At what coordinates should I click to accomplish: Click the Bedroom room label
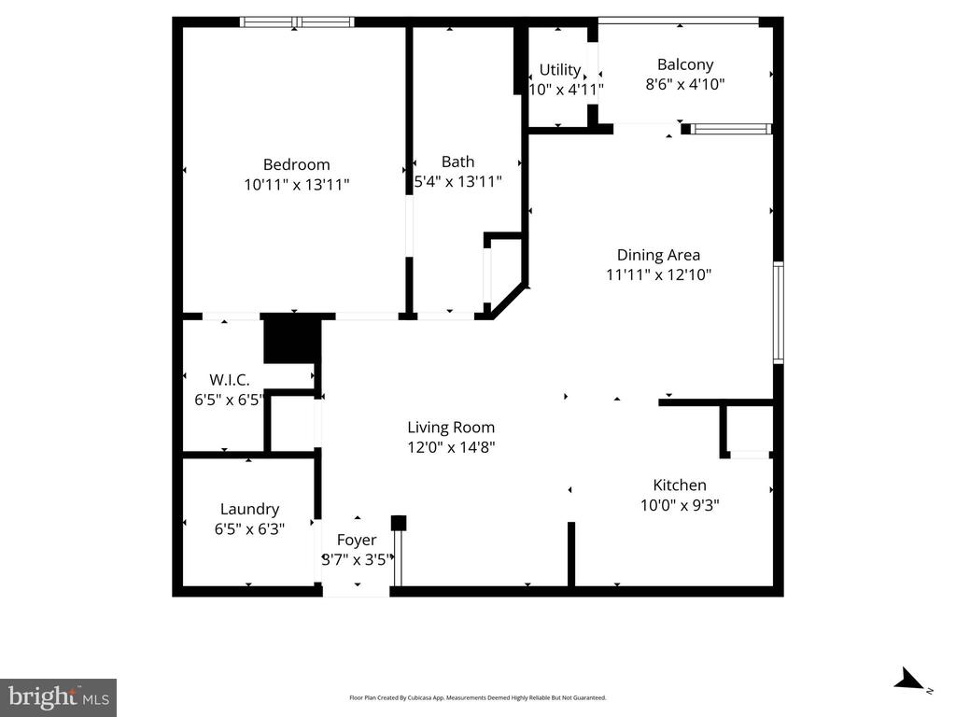pyautogui.click(x=296, y=164)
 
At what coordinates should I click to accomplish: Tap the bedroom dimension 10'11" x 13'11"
pyautogui.click(x=296, y=185)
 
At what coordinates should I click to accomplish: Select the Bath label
pyautogui.click(x=457, y=162)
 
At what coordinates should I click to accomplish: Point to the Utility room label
pyautogui.click(x=560, y=70)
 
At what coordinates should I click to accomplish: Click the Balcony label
pyautogui.click(x=684, y=64)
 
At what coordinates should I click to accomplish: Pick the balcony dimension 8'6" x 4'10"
pyautogui.click(x=684, y=84)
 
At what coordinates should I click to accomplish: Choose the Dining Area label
pyautogui.click(x=658, y=255)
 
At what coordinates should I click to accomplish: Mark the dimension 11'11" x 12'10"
pyautogui.click(x=658, y=274)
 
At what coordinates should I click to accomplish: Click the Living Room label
pyautogui.click(x=451, y=428)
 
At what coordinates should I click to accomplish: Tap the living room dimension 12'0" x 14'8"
pyautogui.click(x=451, y=447)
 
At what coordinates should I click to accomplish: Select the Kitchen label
pyautogui.click(x=679, y=485)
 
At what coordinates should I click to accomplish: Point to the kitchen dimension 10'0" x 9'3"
pyautogui.click(x=679, y=505)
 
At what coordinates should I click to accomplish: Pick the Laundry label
pyautogui.click(x=249, y=509)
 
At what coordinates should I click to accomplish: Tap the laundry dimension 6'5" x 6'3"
pyautogui.click(x=249, y=528)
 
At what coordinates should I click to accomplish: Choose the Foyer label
pyautogui.click(x=357, y=540)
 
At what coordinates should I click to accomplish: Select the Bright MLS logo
pyautogui.click(x=58, y=696)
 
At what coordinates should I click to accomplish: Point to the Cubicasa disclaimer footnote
pyautogui.click(x=477, y=697)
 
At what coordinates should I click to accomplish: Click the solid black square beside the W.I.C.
pyautogui.click(x=291, y=340)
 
